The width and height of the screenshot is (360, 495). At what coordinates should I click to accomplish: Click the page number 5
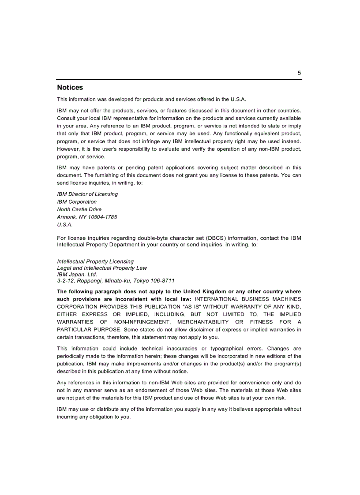coord(299,73)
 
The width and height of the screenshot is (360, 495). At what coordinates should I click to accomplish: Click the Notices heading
coord(70,88)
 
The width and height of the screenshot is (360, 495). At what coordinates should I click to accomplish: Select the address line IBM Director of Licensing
coord(87,194)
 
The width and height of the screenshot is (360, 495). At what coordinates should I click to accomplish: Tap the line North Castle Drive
coord(79,209)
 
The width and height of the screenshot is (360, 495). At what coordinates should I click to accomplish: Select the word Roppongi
coord(90,281)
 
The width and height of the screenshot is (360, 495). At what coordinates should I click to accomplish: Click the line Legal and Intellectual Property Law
coord(102,268)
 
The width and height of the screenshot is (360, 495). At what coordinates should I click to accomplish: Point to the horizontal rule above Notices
coord(179,80)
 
